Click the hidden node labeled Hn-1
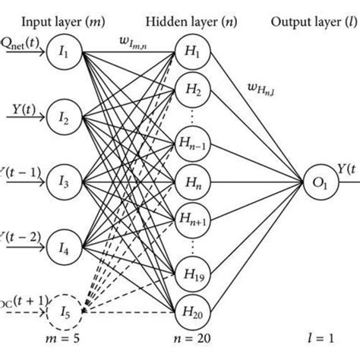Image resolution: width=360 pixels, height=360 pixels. tap(183, 147)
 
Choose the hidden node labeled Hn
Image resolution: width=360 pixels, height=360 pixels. tap(183, 182)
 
